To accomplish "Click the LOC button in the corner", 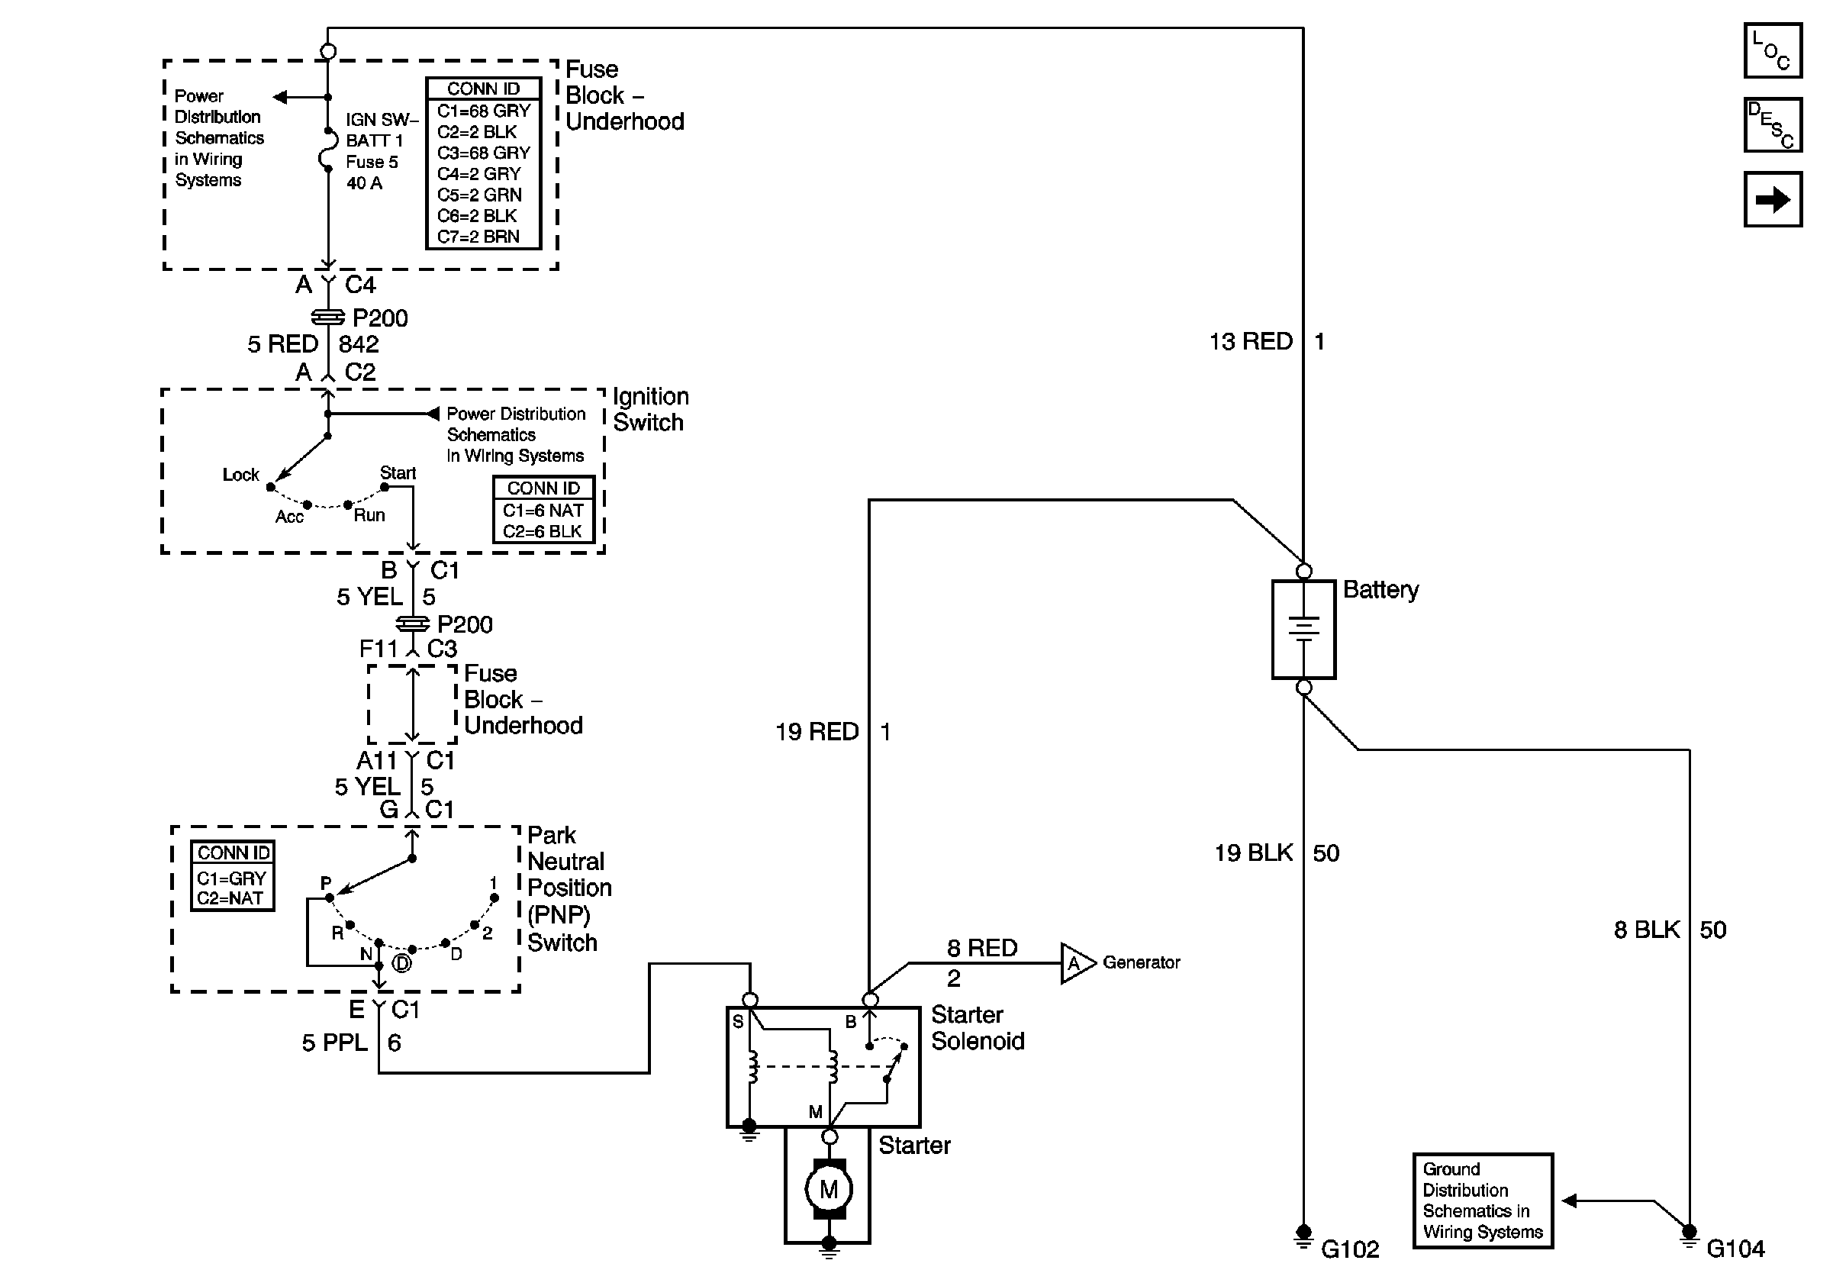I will [1772, 50].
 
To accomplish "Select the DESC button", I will [1772, 124].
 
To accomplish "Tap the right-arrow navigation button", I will [1772, 199].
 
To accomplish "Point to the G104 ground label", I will [1735, 1249].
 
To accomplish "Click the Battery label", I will [1380, 590].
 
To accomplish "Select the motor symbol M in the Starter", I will [829, 1189].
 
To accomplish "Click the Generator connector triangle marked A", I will [1075, 963].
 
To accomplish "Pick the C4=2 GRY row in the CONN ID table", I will [479, 174].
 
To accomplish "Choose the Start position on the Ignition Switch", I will [397, 473].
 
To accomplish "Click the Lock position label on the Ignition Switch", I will [240, 475].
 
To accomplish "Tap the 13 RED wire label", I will [1250, 342].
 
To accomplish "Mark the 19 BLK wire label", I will [1253, 853].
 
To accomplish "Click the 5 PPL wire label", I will [334, 1043].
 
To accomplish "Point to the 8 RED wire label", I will [982, 949].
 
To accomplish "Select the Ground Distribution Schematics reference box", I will [1483, 1201].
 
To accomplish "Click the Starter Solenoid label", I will [978, 1028].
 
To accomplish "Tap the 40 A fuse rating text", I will [364, 184].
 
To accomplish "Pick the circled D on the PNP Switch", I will [402, 963].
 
